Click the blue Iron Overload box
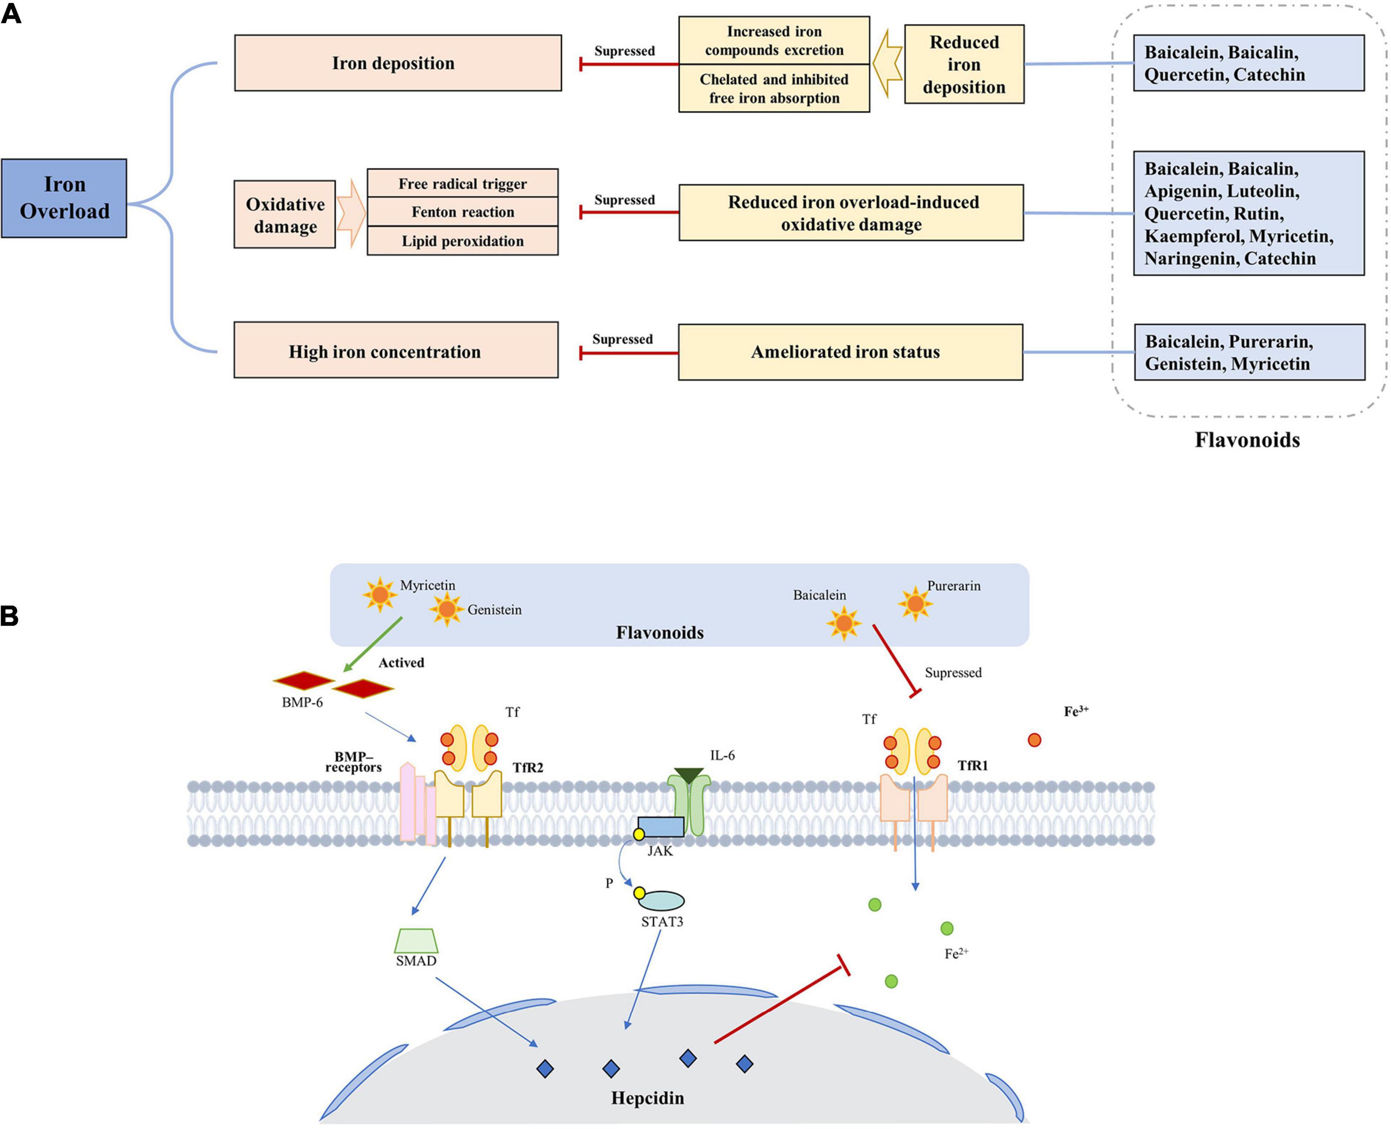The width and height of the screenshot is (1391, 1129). point(64,198)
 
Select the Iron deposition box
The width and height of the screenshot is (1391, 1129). point(397,63)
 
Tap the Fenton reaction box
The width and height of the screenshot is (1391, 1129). point(462,212)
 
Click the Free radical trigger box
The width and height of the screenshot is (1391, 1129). point(462,183)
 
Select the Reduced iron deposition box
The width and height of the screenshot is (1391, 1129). point(964,64)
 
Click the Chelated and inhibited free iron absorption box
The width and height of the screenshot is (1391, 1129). point(774,88)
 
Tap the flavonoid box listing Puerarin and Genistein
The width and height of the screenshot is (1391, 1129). point(1249,352)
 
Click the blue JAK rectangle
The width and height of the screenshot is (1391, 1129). point(660,827)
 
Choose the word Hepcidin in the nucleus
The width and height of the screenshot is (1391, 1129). point(647,1098)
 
